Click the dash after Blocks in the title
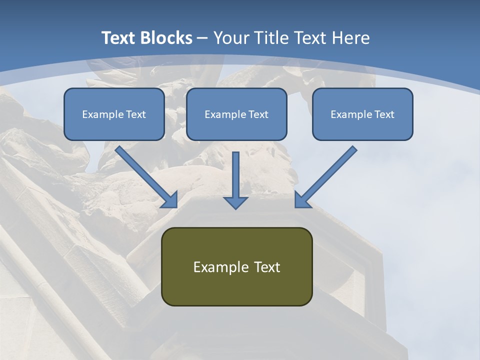tap(202, 38)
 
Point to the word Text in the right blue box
tap(384, 114)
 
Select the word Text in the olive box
tap(267, 267)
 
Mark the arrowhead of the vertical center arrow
tap(235, 202)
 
